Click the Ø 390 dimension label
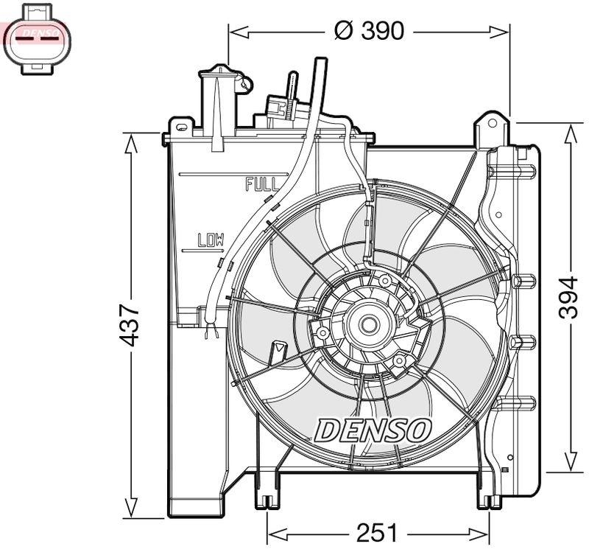point(369,31)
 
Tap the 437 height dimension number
point(130,324)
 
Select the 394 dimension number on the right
point(567,298)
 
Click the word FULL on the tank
point(262,184)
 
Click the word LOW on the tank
point(211,240)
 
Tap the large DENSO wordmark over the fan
point(373,430)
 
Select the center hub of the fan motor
point(367,323)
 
